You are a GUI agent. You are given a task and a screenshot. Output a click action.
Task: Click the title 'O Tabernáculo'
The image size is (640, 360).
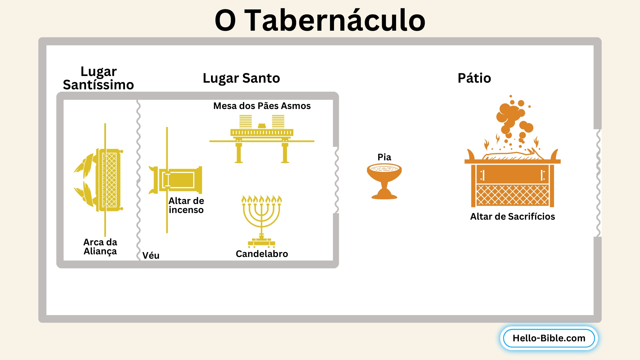point(320,20)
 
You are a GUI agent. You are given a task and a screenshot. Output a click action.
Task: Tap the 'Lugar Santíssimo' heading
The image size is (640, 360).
point(98,78)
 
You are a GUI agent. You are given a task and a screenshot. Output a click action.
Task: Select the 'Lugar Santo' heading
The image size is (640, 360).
point(241,78)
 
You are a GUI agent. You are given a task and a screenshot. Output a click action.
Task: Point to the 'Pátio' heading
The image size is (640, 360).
point(474,78)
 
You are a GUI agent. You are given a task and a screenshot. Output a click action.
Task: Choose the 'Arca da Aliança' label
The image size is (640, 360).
point(100,247)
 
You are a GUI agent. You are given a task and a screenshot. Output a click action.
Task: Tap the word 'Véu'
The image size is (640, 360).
point(151,255)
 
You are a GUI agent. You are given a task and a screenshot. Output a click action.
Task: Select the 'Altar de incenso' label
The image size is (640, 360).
point(186,205)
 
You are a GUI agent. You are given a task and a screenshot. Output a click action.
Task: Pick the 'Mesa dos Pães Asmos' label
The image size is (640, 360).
point(262,106)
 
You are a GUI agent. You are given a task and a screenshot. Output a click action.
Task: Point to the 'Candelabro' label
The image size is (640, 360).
point(262,254)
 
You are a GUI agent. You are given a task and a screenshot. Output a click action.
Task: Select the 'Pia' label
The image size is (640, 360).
point(384,157)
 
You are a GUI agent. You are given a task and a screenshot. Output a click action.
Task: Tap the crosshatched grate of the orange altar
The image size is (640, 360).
point(512,195)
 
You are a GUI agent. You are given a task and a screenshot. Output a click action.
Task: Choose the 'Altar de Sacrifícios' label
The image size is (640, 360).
point(512,217)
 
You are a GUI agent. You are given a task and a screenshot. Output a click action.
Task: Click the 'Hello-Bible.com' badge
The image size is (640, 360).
point(549,338)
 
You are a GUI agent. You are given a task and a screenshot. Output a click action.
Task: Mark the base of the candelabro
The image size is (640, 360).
point(262,242)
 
